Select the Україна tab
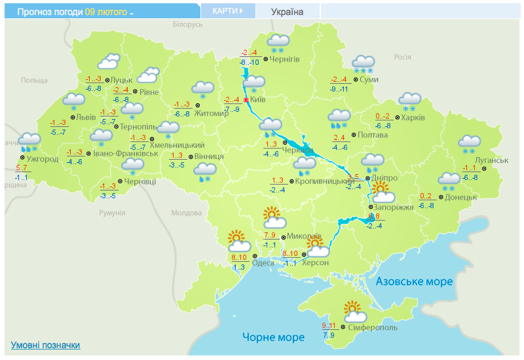pyautogui.click(x=288, y=11)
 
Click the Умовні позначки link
pyautogui.click(x=45, y=345)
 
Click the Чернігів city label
pyautogui.click(x=284, y=60)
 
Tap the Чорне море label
pyautogui.click(x=273, y=338)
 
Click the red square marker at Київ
pyautogui.click(x=246, y=99)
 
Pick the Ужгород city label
pyautogui.click(x=43, y=158)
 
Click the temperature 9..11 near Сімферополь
pyautogui.click(x=329, y=325)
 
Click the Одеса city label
pyautogui.click(x=263, y=262)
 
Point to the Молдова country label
pyautogui.click(x=186, y=213)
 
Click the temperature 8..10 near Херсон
pyautogui.click(x=290, y=253)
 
